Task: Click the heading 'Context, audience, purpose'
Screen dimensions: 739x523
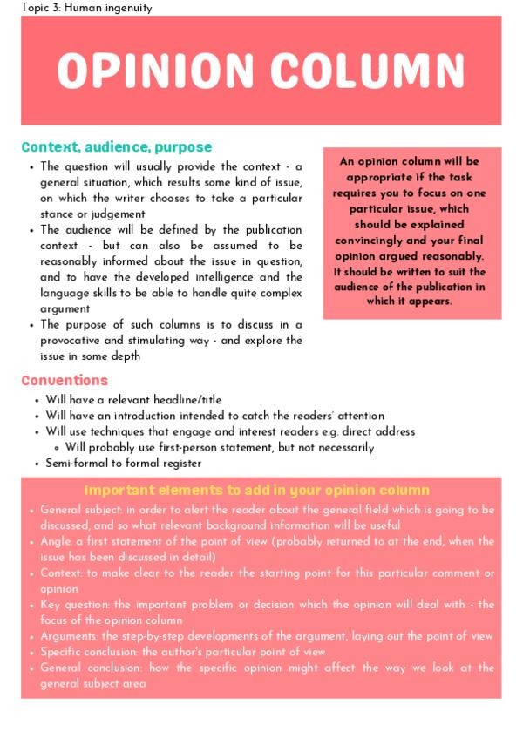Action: tap(116, 147)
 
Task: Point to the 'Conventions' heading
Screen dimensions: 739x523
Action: tap(65, 381)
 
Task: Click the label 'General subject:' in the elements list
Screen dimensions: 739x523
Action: tap(80, 510)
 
